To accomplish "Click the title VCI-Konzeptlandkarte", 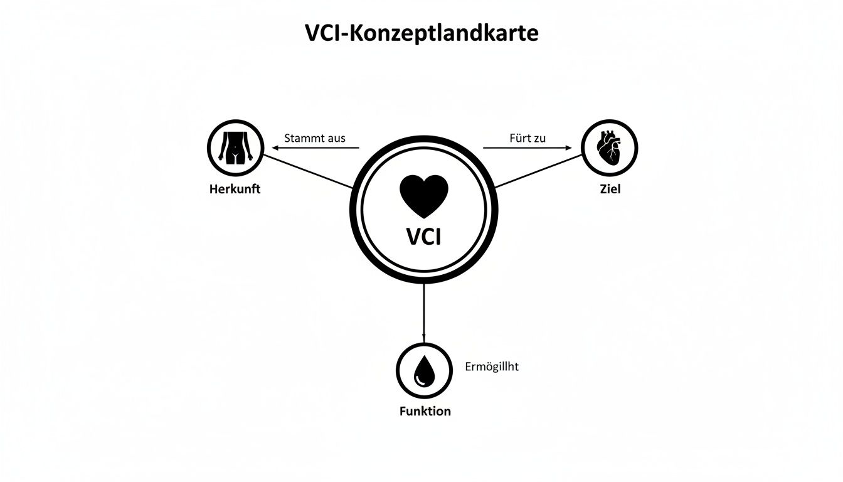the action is [x=422, y=33].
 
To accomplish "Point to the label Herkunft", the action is [x=235, y=189].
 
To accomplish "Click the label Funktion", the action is [x=425, y=412].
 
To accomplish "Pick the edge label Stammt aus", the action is [x=315, y=138].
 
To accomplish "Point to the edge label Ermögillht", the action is [x=492, y=367].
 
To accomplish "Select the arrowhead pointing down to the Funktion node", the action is [x=424, y=339].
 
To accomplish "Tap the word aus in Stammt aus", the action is [x=333, y=138].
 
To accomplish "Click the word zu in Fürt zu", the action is [x=539, y=138].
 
